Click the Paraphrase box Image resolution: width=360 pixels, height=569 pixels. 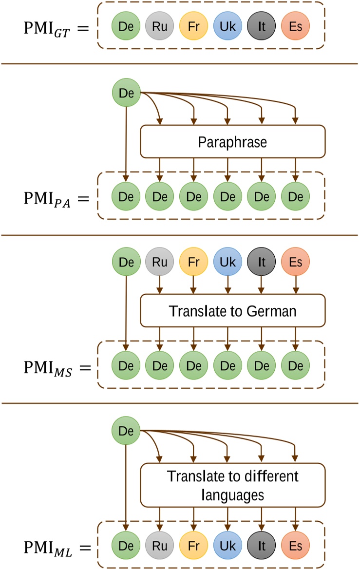[232, 142]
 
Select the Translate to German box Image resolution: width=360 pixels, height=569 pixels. [232, 310]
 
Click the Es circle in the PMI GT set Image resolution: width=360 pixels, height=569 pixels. [295, 26]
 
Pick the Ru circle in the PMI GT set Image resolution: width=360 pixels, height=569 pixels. [160, 26]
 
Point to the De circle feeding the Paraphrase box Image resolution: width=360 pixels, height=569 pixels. [126, 93]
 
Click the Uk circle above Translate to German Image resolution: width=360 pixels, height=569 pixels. [227, 261]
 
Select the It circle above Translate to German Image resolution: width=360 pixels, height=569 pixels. [262, 261]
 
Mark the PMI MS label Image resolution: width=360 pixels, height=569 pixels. [47, 367]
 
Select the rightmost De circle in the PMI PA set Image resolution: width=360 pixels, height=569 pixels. [295, 197]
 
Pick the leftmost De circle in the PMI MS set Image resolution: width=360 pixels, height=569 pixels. [126, 365]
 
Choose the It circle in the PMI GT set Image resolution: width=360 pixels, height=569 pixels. [262, 26]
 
